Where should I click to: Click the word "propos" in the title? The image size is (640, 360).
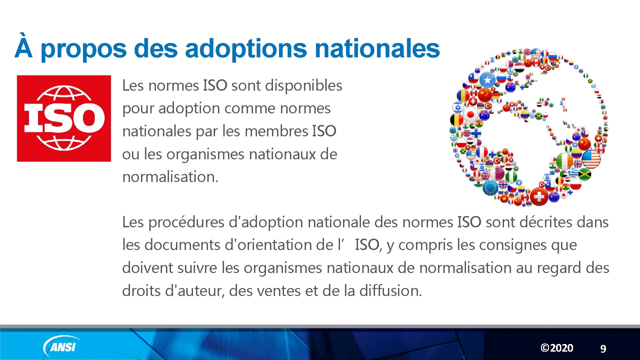click(x=83, y=49)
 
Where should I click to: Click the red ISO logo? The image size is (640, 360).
click(x=64, y=118)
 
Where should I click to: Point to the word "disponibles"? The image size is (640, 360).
click(x=303, y=85)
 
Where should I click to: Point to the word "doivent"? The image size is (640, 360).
click(x=147, y=268)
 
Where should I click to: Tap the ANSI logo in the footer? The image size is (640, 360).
click(x=62, y=347)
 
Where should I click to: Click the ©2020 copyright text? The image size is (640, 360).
click(x=557, y=348)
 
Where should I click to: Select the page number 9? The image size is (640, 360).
click(x=603, y=349)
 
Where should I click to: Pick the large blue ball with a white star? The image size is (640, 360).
click(x=487, y=80)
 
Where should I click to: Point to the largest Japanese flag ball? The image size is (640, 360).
click(x=470, y=115)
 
